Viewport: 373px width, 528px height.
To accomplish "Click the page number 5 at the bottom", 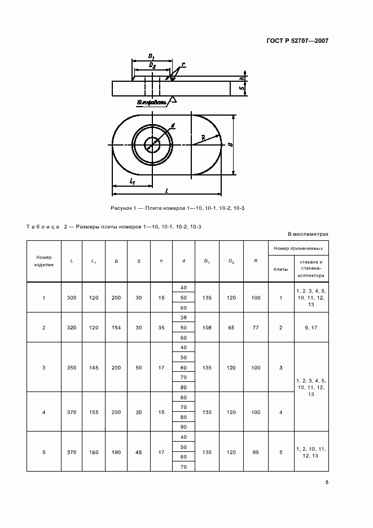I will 327,481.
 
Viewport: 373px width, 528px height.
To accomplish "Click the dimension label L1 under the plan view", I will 131,181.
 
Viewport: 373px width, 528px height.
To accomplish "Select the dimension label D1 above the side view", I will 152,56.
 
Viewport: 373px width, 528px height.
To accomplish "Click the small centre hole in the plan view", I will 152,144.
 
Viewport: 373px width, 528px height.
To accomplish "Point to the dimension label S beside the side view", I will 241,89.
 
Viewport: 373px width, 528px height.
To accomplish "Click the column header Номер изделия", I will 43,261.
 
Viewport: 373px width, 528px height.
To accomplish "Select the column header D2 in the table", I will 231,261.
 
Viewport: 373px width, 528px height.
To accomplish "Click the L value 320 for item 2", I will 71,327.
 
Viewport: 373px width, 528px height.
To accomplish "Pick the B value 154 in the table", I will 116,327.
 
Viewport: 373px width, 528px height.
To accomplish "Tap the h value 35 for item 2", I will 161,327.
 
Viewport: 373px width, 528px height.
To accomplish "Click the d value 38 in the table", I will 183,317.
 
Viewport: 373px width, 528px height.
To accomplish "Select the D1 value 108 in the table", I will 207,327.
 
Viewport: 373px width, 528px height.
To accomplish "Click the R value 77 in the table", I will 256,327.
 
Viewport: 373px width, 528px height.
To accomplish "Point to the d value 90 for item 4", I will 183,428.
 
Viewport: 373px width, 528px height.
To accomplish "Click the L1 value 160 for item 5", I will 93,452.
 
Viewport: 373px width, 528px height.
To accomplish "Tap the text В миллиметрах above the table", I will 308,233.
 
